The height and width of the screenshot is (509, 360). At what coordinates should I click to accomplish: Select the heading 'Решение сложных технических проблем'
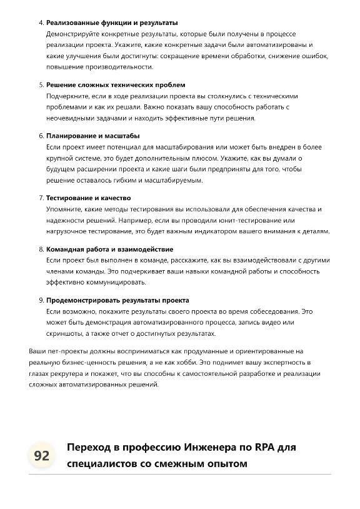[x=116, y=84]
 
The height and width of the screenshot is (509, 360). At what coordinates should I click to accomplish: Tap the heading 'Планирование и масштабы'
[x=92, y=136]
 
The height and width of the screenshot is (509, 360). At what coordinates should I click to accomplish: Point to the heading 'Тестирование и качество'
[x=88, y=198]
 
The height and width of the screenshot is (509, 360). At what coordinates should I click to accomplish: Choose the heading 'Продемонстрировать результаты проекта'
[x=117, y=300]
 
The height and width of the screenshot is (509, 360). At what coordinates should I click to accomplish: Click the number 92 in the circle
[x=41, y=455]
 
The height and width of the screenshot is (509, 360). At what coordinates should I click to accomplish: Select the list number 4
[x=41, y=23]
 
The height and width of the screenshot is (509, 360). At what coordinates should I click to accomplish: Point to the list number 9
[x=41, y=300]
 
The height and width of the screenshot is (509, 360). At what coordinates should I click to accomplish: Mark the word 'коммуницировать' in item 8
[x=114, y=282]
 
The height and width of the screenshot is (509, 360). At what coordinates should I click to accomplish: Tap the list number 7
[x=41, y=198]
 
